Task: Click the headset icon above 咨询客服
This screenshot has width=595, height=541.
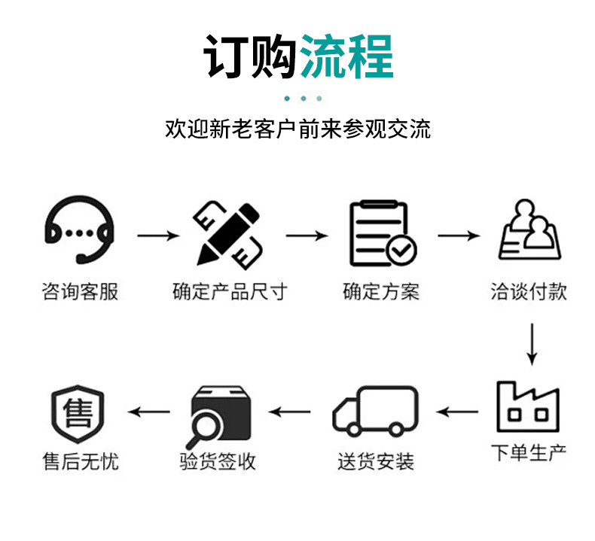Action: (80, 232)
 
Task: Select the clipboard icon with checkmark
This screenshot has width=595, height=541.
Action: (381, 233)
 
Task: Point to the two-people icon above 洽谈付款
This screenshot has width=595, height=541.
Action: (529, 229)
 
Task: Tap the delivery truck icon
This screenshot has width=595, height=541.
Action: (376, 411)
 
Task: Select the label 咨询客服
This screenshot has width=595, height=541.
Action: (80, 292)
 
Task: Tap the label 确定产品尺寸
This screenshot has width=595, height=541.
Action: (230, 292)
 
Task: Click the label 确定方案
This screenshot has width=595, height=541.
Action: (381, 292)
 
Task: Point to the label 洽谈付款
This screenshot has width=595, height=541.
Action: (529, 292)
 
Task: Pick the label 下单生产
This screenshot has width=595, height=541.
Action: (529, 453)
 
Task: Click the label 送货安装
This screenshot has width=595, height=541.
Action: (376, 460)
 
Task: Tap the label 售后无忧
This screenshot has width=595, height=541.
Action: (80, 460)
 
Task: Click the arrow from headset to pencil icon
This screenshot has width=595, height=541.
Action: (158, 236)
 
